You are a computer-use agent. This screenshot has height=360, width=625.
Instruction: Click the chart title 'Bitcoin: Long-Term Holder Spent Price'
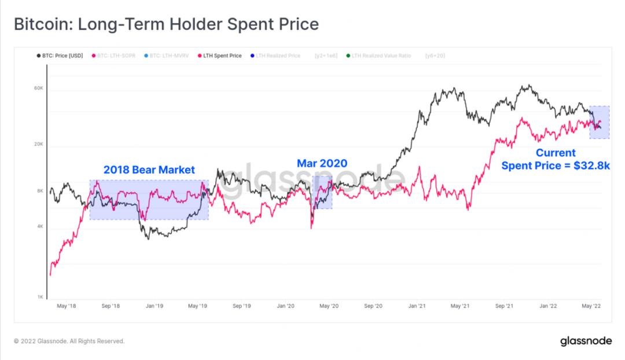click(166, 24)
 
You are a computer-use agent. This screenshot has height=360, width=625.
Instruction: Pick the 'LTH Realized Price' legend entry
click(278, 56)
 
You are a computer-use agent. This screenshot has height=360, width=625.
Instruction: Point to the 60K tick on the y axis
click(39, 89)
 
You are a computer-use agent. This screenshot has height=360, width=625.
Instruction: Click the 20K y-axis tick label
click(39, 145)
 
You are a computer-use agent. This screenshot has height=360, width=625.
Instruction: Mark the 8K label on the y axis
click(40, 191)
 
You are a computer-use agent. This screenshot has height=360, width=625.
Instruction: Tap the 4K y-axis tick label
click(40, 227)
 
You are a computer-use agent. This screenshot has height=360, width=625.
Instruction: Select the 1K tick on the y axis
click(40, 297)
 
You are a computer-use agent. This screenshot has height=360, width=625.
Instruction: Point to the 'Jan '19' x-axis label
click(154, 306)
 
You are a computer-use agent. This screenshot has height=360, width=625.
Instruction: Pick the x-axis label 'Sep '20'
click(374, 306)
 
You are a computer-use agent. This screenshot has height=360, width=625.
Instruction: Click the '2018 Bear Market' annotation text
click(149, 170)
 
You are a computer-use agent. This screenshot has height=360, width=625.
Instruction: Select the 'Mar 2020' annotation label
click(322, 164)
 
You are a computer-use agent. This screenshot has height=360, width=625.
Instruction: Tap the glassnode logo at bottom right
click(586, 341)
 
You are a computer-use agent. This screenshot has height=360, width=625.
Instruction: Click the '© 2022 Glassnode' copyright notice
click(69, 341)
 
